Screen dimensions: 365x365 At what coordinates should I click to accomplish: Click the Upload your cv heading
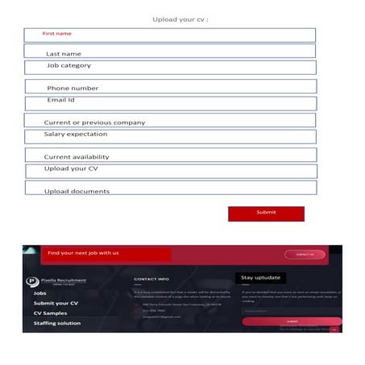[180, 19]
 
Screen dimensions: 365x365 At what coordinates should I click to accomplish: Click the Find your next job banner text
[84, 253]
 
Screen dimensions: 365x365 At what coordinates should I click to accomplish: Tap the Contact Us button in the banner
[305, 254]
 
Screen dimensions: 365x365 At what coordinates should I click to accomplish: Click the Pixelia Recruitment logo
[56, 281]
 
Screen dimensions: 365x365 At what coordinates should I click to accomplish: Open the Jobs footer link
[40, 293]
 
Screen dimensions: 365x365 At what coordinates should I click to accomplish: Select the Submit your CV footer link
[56, 303]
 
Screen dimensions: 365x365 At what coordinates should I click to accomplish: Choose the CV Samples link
[50, 313]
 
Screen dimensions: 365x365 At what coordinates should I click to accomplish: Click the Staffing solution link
[56, 323]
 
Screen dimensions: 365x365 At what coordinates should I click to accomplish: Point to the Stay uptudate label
[260, 277]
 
